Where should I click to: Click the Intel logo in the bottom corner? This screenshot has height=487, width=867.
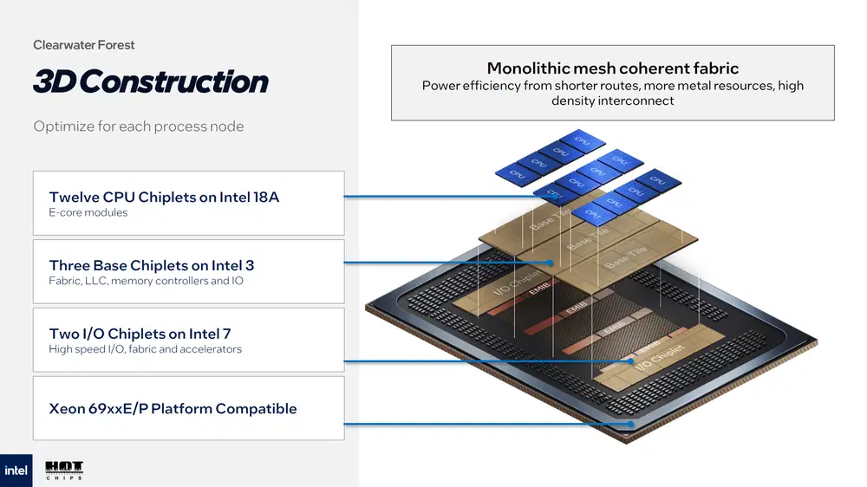click(16, 471)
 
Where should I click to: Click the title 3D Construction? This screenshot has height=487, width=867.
click(150, 81)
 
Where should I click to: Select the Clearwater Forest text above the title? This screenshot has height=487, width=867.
click(84, 45)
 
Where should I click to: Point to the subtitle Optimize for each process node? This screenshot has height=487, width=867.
click(139, 127)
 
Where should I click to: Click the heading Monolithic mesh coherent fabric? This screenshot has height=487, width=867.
click(612, 68)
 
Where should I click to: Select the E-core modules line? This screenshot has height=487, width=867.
click(88, 213)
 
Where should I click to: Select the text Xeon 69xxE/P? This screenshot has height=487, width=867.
click(98, 409)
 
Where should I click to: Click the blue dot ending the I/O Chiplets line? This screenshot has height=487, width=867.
click(631, 361)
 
